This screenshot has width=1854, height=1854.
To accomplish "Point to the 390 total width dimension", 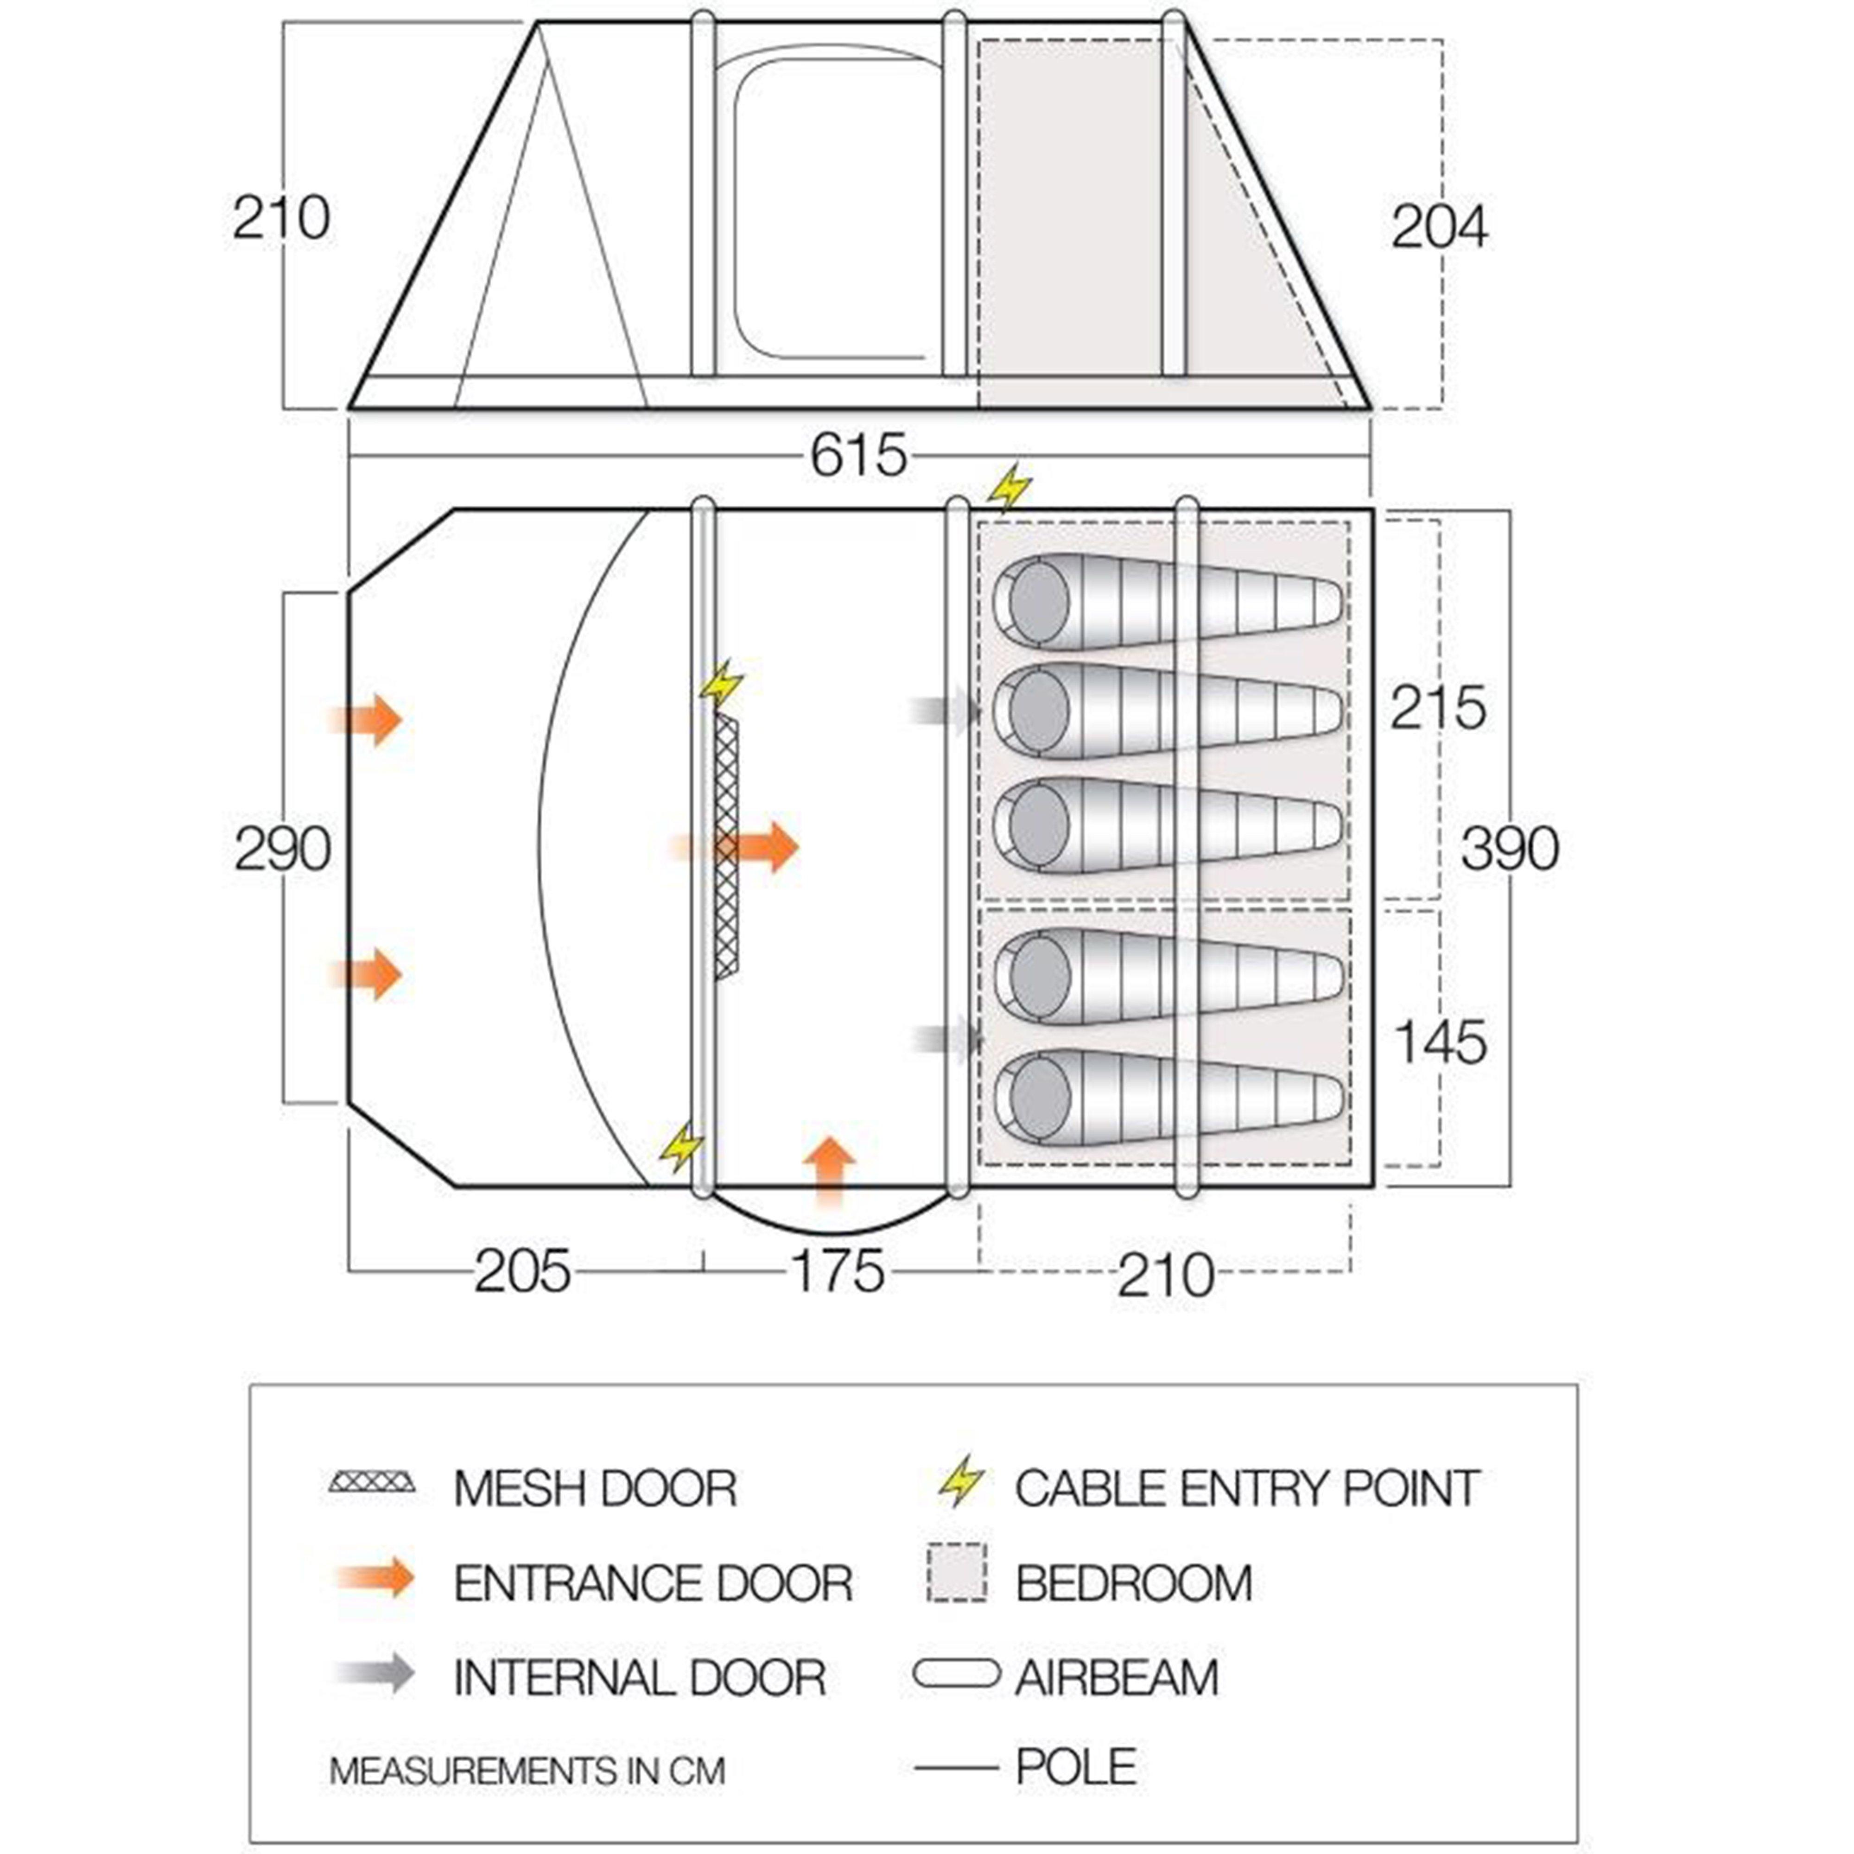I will coord(1510,848).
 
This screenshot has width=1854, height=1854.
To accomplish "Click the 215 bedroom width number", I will coord(1437,708).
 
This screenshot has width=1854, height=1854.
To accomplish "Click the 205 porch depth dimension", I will coord(522,1272).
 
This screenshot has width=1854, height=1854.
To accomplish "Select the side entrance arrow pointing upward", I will coord(829,1171).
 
